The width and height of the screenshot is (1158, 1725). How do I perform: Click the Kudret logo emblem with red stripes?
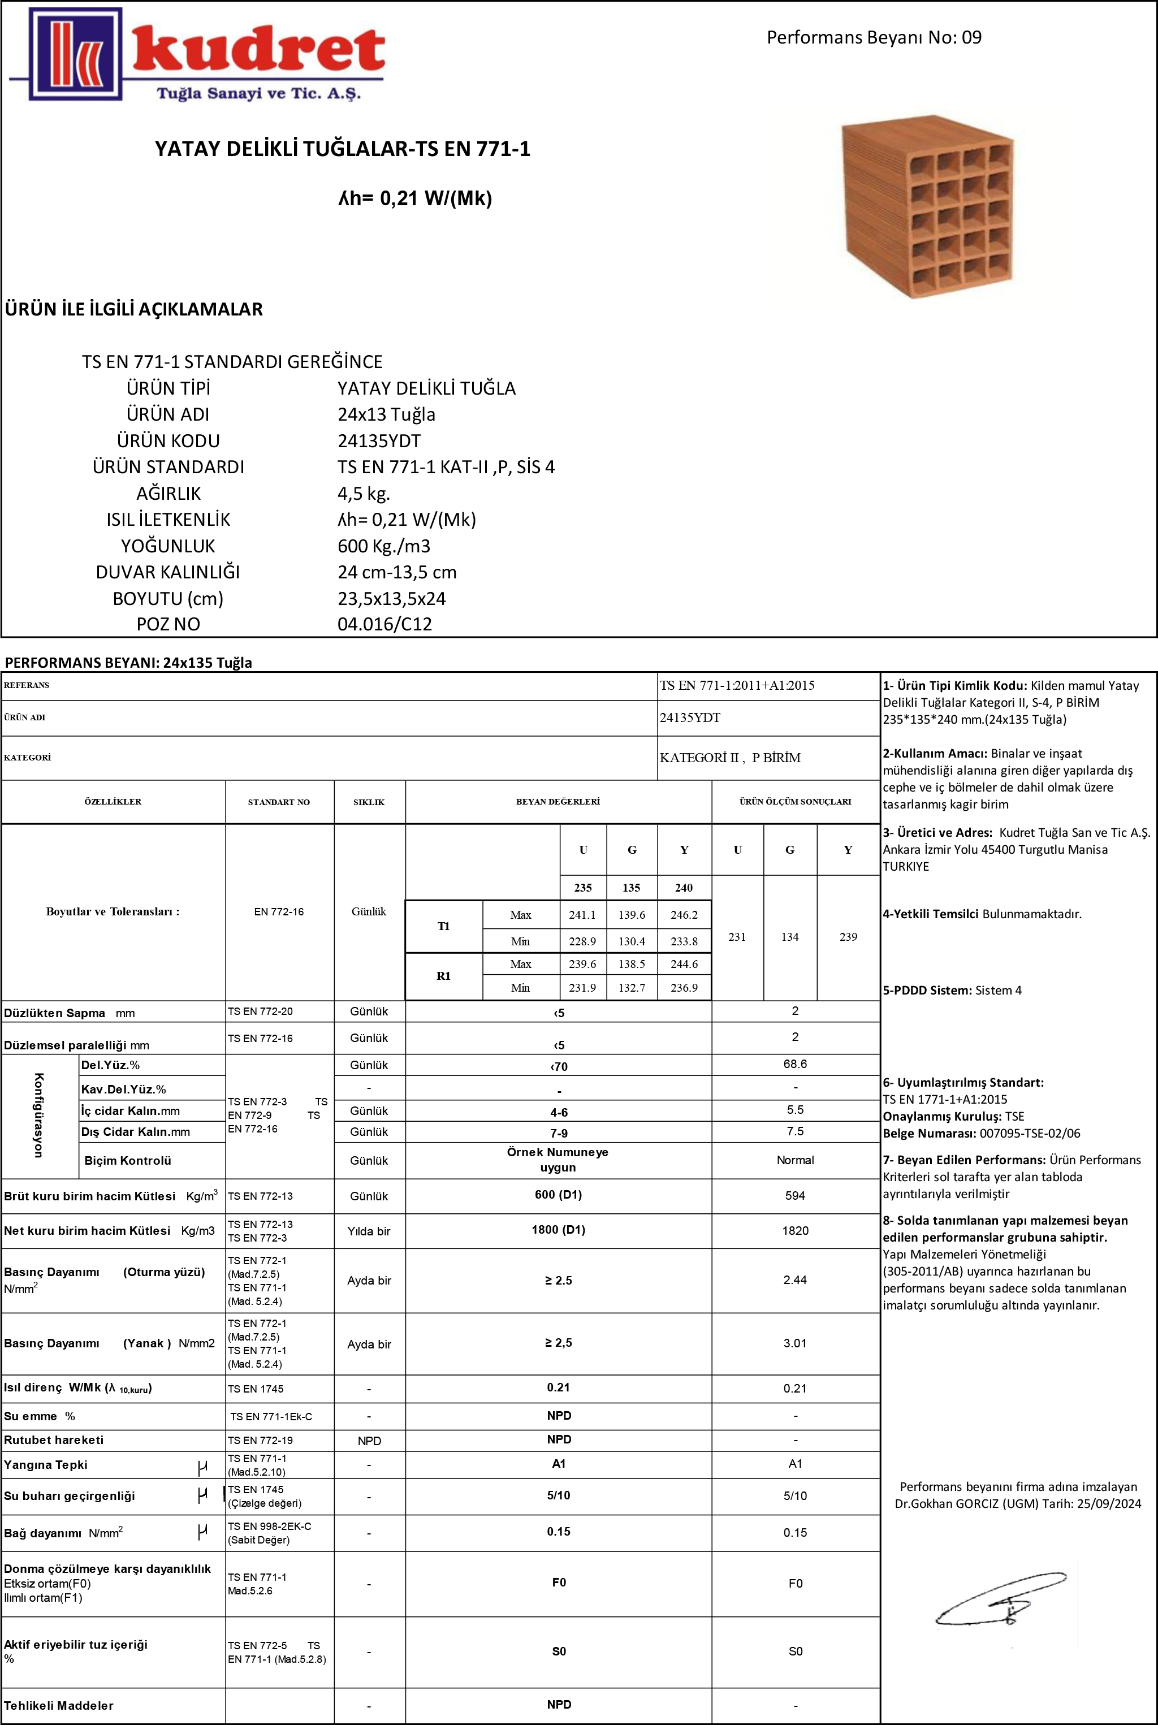[x=75, y=54]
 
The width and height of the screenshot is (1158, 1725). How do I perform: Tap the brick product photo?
[x=927, y=206]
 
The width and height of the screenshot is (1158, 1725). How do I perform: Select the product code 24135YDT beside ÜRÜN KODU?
[x=379, y=441]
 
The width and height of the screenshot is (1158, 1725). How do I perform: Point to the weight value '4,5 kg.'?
[x=364, y=493]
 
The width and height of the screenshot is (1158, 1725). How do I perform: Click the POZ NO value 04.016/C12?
[x=384, y=624]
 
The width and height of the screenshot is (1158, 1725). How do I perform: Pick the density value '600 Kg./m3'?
[x=383, y=546]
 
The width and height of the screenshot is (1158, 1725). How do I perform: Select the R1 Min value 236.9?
[x=684, y=987]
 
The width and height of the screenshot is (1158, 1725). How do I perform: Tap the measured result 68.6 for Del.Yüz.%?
[x=794, y=1064]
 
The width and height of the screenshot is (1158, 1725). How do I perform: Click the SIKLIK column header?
[x=369, y=802]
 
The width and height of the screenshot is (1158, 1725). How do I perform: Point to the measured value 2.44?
[x=794, y=1279]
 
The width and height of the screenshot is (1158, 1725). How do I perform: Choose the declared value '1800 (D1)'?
[x=558, y=1230]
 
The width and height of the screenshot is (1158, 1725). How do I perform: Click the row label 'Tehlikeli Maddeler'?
[x=58, y=1705]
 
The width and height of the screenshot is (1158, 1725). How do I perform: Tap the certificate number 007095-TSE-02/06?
[x=1030, y=1133]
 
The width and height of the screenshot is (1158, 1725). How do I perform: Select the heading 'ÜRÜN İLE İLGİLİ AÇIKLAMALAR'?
[x=133, y=309]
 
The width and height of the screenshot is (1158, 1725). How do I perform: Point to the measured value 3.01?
[x=794, y=1342]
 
